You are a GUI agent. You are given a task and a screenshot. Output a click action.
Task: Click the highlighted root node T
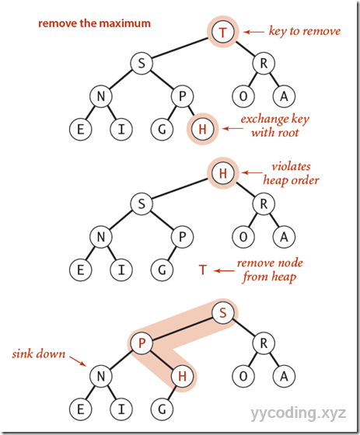[223, 33]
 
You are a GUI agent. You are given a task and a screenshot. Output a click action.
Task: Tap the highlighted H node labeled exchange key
[201, 128]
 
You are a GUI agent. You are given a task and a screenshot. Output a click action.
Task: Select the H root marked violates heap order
[222, 174]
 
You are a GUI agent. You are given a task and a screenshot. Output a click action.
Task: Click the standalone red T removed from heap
[202, 270]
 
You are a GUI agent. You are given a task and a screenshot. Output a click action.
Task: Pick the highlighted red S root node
[222, 313]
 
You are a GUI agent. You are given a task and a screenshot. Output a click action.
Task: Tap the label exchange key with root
[271, 127]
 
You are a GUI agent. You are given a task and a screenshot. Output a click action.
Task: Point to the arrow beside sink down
[77, 362]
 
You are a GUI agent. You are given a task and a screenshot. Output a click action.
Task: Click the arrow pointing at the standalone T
[225, 270]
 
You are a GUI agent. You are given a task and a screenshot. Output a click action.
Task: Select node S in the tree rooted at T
[142, 64]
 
